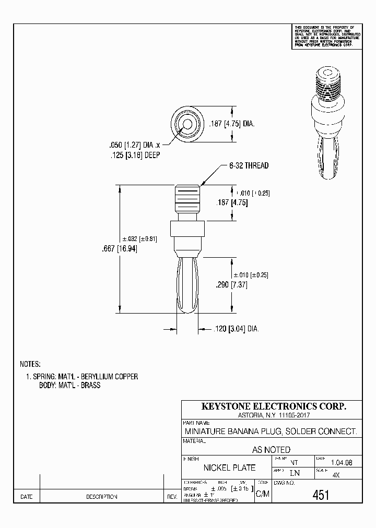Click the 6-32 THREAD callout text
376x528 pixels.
coord(249,165)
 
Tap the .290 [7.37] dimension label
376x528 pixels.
coord(231,285)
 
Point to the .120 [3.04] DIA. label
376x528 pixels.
coord(237,329)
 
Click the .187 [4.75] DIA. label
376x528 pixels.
coord(231,124)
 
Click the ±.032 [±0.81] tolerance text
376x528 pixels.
coord(143,238)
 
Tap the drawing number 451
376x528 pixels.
coord(321,495)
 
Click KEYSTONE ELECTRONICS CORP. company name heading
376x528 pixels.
coord(274,406)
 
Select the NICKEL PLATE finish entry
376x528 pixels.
coord(229,467)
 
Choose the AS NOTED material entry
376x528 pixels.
coord(271,449)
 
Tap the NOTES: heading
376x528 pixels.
coord(30,364)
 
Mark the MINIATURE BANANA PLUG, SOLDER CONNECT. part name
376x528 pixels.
coord(271,431)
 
